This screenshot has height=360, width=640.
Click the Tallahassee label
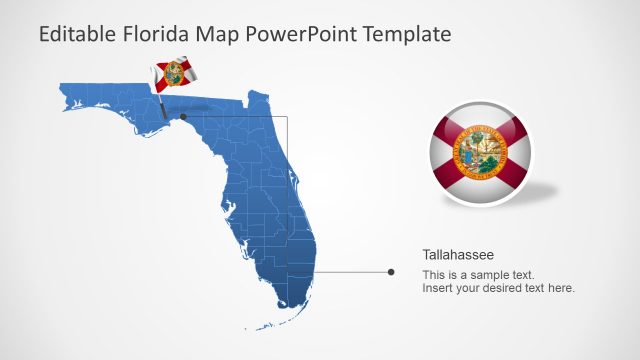(x=458, y=255)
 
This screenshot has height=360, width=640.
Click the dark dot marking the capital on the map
(x=182, y=116)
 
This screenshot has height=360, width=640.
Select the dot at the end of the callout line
(x=390, y=271)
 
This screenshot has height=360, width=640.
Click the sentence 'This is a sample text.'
(x=478, y=274)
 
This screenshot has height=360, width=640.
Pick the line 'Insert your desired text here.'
(x=498, y=288)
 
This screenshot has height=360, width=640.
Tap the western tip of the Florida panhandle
(x=62, y=92)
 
